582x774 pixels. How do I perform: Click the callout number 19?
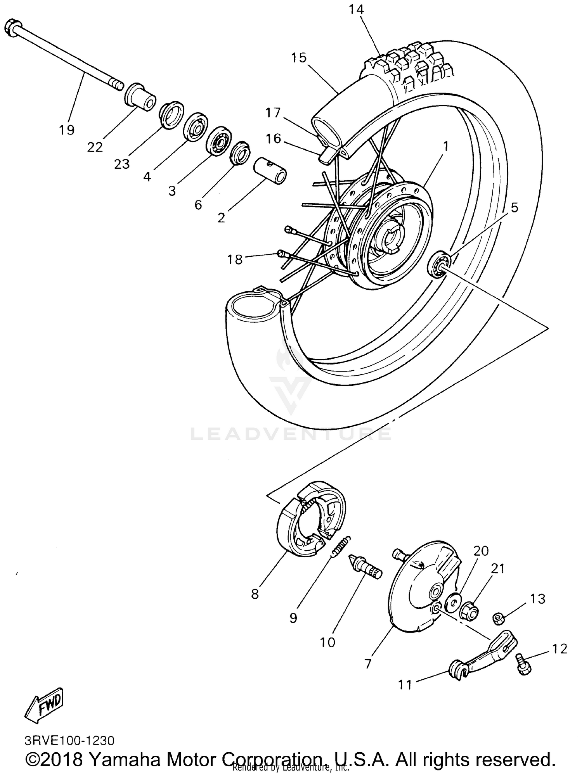point(66,130)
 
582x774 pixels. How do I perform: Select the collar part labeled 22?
point(140,97)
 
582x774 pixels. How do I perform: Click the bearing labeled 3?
point(218,140)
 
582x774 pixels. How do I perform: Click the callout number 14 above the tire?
point(356,9)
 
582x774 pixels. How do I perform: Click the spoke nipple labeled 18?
point(282,254)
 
